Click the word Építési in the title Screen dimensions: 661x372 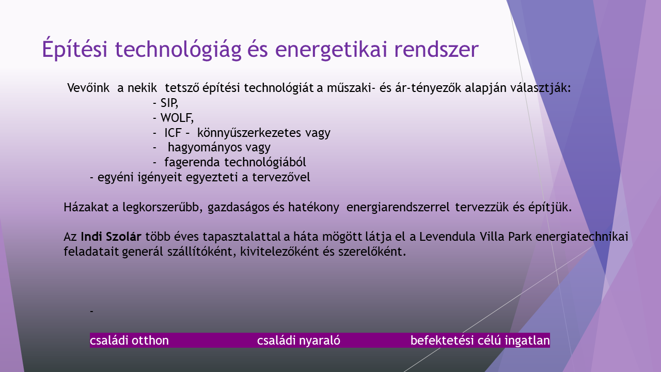pos(75,48)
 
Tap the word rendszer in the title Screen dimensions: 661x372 pos(436,49)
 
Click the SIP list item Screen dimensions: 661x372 pos(169,103)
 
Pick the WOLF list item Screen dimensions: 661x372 pos(177,118)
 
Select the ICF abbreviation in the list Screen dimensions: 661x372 pos(172,133)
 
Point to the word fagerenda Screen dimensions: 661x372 pos(192,162)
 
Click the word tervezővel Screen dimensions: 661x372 pos(281,177)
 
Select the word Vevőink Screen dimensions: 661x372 pos(88,88)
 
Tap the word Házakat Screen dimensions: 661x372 pos(86,207)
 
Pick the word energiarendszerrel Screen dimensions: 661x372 pos(398,207)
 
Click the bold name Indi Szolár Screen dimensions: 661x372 pos(111,237)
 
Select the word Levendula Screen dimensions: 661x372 pos(447,237)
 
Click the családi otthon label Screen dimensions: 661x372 pos(129,340)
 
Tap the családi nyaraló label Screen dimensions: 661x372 pos(298,340)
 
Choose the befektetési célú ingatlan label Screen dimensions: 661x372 pos(480,340)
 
